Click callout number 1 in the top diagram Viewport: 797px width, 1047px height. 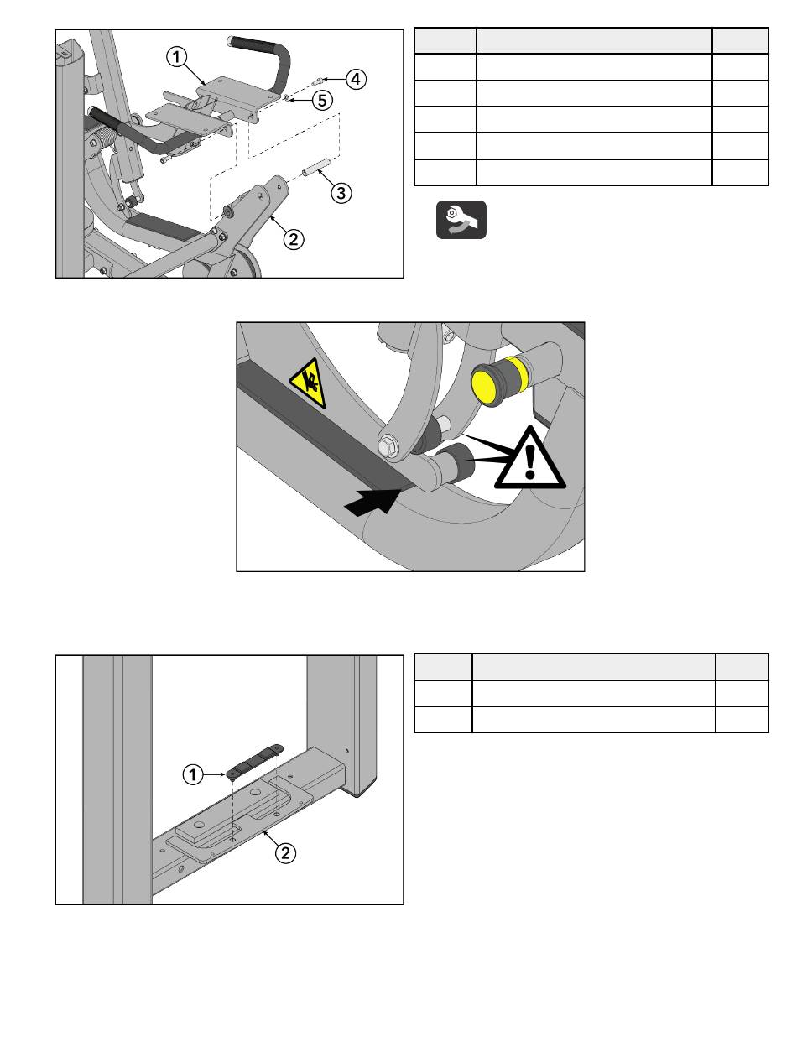click(x=175, y=57)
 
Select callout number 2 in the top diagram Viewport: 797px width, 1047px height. click(x=293, y=239)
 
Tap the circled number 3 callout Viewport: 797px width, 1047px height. click(x=340, y=193)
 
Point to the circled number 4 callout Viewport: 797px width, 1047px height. click(x=357, y=79)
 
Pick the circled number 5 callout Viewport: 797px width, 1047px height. click(x=323, y=100)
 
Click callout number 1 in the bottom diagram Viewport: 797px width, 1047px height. click(x=193, y=775)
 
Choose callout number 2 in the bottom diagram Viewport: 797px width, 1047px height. click(x=286, y=853)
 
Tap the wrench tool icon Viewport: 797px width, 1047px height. click(x=461, y=221)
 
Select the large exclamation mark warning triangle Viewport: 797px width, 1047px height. click(x=529, y=460)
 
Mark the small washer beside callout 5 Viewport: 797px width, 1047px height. click(x=287, y=97)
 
